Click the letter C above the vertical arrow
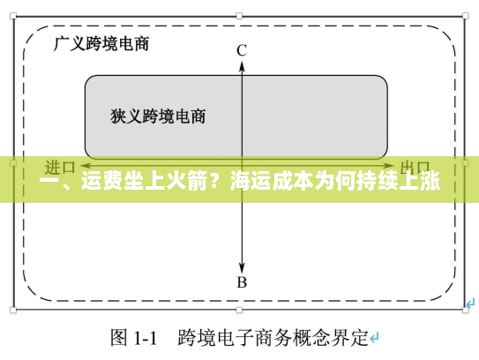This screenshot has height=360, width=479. click(x=241, y=50)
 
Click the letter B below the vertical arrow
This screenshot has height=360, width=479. click(x=241, y=282)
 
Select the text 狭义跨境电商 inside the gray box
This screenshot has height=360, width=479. click(x=159, y=116)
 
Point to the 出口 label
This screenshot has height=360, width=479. click(x=415, y=166)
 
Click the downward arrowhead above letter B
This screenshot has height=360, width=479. click(x=241, y=266)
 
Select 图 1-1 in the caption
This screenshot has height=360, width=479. click(x=133, y=337)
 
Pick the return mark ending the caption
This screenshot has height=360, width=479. click(x=374, y=338)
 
